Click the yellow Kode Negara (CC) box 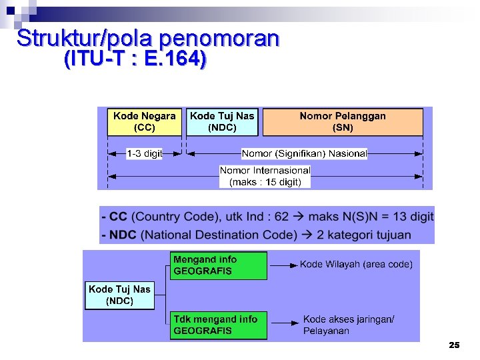[145, 122]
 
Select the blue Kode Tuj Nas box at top [222, 122]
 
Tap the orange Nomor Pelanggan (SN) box [343, 122]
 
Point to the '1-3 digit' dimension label [145, 153]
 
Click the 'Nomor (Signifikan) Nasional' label [304, 153]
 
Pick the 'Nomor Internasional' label [265, 170]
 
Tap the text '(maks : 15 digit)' [265, 181]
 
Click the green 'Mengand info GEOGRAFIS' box [218, 265]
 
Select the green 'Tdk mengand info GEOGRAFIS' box [218, 325]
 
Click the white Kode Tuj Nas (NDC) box [119, 295]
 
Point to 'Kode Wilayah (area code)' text [356, 264]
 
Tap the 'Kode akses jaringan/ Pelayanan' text [349, 325]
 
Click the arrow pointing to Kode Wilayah [283, 265]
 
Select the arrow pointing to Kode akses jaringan [283, 324]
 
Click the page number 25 [454, 345]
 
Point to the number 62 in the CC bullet [282, 217]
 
